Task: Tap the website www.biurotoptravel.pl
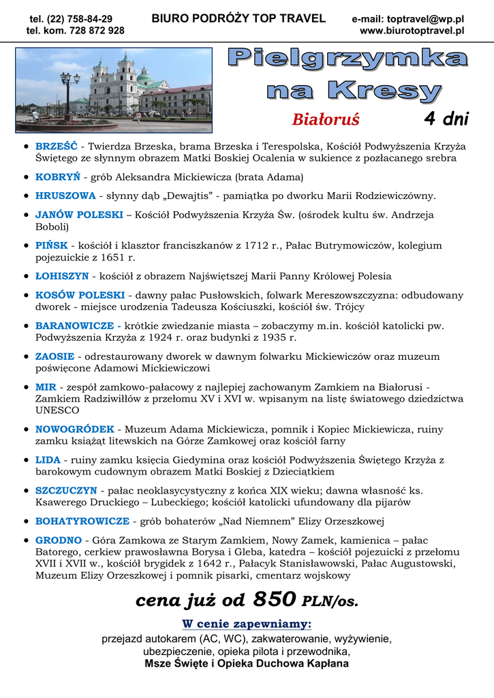412,31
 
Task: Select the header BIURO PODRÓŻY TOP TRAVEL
238,19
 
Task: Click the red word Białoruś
326,120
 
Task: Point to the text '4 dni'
446,119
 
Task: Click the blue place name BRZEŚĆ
56,147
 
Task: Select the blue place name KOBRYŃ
57,177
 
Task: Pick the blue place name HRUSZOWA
65,196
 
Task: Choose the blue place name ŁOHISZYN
62,276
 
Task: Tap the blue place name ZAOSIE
55,356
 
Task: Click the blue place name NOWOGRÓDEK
75,429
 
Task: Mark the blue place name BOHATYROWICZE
82,521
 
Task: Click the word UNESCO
57,410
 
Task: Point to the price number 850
274,599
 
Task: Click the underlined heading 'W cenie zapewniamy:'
247,624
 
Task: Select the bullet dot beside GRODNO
25,541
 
